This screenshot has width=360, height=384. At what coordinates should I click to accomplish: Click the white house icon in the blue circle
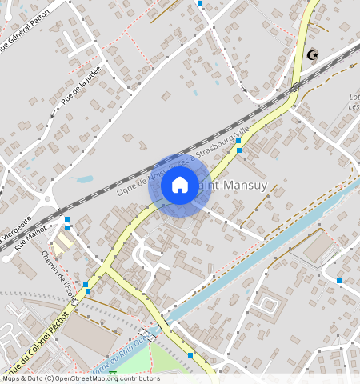click(x=180, y=186)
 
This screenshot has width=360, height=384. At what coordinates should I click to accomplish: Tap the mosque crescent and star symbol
click(x=313, y=55)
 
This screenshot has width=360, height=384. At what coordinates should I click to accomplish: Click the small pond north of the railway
click(x=83, y=179)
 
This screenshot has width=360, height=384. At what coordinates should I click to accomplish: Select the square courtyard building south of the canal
click(x=266, y=306)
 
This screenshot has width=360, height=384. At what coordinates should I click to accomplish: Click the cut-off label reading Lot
click(x=354, y=98)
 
